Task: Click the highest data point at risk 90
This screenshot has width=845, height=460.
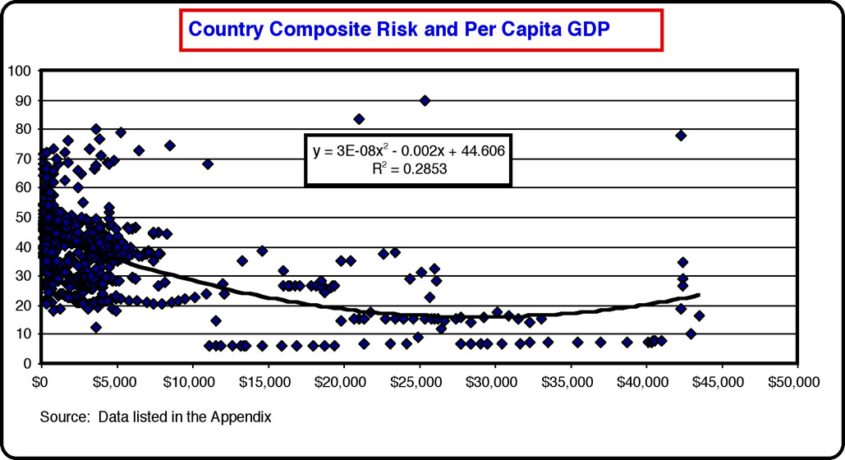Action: pos(425,100)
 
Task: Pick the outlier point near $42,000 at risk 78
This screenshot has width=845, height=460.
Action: pos(681,136)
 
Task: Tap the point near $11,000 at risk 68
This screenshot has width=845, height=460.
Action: pos(208,164)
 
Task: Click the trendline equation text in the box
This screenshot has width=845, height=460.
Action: pos(408,151)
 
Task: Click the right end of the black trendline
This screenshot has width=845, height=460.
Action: pos(699,295)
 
